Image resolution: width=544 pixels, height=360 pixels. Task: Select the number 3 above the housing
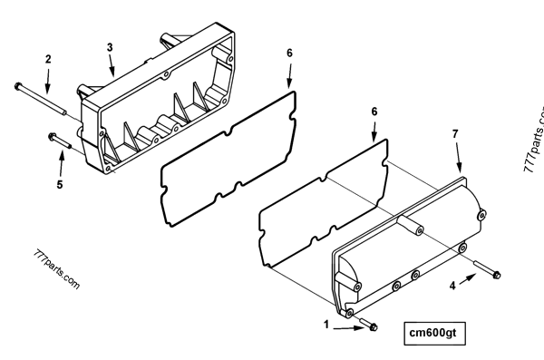[110, 46]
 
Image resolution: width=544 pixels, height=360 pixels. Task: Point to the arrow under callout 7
[459, 160]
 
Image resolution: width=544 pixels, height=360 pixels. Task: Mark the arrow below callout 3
[111, 66]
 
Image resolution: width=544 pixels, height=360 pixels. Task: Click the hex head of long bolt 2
[18, 86]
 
